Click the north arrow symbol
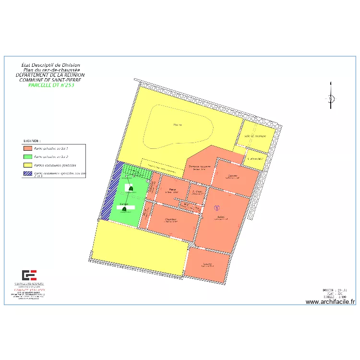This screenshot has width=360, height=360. click(x=331, y=97)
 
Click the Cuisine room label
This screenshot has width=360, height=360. click(x=234, y=175)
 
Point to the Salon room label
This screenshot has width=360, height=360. click(x=221, y=217)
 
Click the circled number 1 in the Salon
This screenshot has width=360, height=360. click(x=216, y=208)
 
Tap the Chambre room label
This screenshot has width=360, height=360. click(x=171, y=219)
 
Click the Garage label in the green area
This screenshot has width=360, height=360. click(x=124, y=204)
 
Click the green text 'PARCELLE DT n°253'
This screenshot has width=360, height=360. click(x=50, y=85)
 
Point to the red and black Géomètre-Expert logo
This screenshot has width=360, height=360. click(x=29, y=276)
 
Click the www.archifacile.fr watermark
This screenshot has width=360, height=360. click(x=330, y=302)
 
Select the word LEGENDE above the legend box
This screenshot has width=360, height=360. click(x=32, y=141)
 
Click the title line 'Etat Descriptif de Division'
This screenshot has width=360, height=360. click(x=51, y=65)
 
